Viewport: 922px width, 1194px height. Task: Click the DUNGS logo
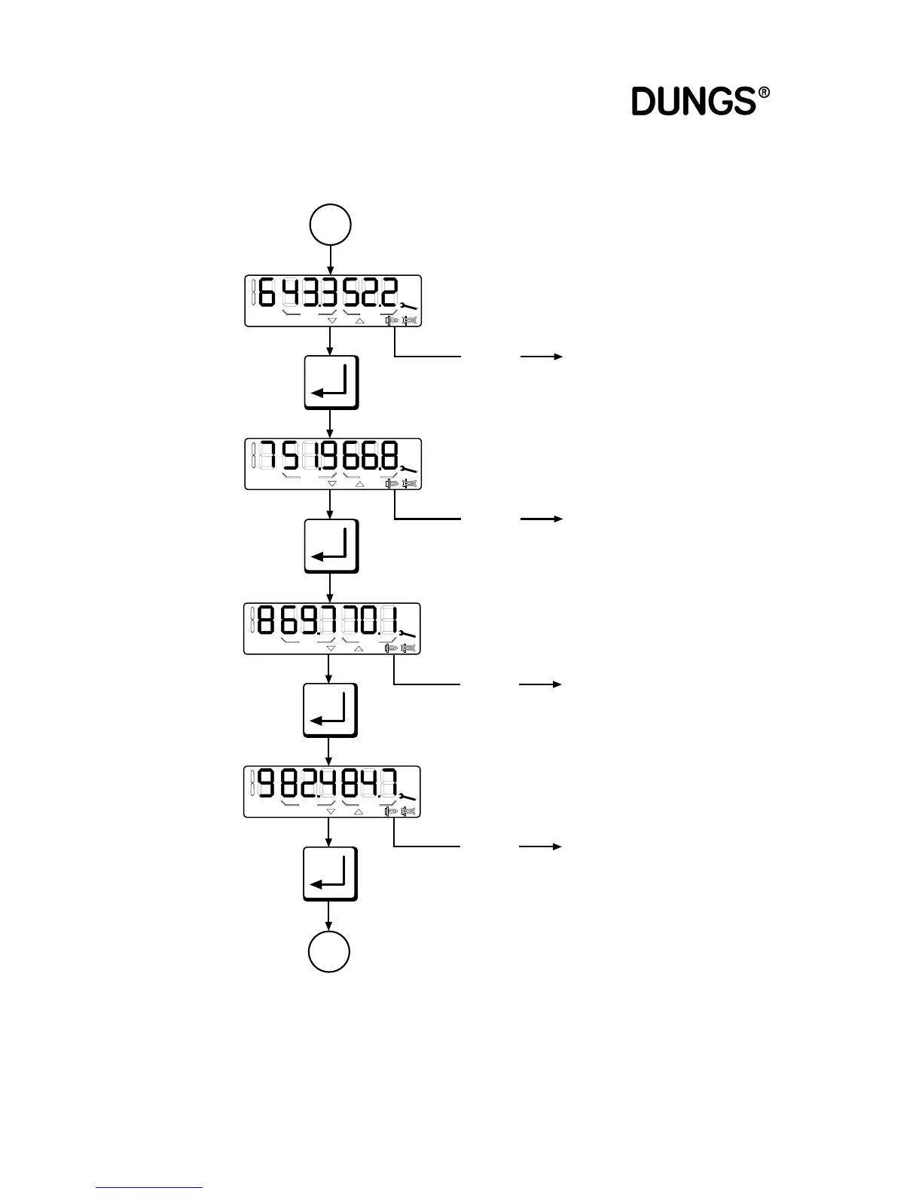[693, 101]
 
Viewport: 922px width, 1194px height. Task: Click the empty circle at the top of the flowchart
[331, 225]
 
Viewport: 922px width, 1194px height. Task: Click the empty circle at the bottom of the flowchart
[329, 952]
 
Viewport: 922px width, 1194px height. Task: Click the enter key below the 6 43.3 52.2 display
[331, 382]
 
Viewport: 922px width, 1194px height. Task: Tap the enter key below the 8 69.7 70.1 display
[330, 710]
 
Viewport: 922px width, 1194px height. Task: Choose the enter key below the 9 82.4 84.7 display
[330, 874]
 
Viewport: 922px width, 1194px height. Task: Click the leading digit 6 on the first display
[267, 293]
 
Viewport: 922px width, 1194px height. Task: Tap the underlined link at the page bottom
[149, 1187]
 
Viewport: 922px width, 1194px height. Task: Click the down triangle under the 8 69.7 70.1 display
[331, 648]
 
